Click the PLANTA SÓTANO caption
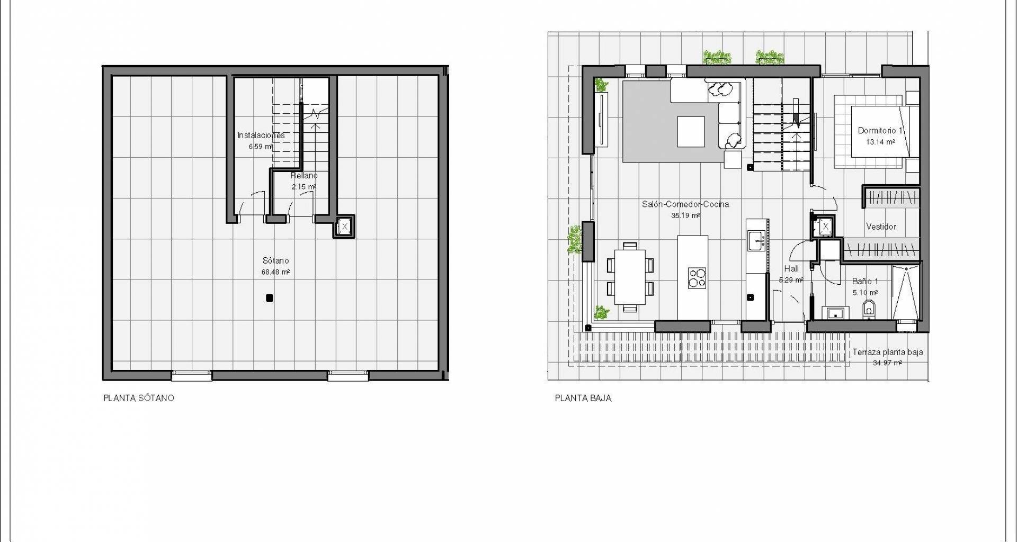[139, 398]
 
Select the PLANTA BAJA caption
[583, 398]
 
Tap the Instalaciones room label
[261, 135]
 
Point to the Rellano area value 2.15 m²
[304, 187]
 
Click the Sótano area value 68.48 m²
[275, 272]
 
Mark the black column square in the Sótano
[269, 298]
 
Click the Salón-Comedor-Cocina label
[685, 204]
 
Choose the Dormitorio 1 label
[880, 130]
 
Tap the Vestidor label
[881, 227]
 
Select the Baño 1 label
[865, 281]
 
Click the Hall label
[791, 269]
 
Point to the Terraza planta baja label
[887, 352]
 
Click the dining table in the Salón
[630, 276]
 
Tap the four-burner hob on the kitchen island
[697, 278]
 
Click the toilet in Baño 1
[869, 310]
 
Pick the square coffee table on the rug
[691, 131]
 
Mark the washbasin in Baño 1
[835, 313]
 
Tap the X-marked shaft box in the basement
[345, 227]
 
